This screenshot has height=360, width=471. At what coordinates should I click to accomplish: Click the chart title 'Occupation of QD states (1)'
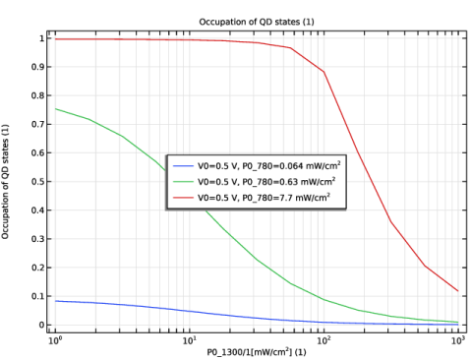(257, 22)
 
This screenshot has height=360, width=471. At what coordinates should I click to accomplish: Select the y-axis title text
(5, 181)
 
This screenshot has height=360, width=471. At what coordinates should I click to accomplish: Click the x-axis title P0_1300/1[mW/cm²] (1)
(257, 352)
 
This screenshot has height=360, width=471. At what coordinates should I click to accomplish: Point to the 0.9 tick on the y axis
(37, 67)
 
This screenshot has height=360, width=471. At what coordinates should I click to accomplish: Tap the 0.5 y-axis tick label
(37, 182)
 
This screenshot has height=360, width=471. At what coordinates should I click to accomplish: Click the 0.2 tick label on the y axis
(37, 268)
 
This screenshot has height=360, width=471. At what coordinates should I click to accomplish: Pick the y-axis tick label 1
(41, 38)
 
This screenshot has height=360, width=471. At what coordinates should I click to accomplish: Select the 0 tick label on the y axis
(41, 325)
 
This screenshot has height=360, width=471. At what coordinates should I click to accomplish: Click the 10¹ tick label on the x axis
(189, 340)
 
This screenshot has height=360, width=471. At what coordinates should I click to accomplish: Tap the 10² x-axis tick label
(324, 340)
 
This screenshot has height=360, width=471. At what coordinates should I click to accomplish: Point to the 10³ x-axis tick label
(458, 340)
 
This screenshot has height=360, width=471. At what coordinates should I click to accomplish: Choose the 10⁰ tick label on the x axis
(55, 340)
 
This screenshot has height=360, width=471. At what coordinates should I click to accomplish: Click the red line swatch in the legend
(183, 198)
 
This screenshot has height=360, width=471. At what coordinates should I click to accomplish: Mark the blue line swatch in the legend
(183, 166)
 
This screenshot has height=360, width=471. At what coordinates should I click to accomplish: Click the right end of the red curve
(458, 291)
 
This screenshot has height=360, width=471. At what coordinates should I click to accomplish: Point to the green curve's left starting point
(55, 109)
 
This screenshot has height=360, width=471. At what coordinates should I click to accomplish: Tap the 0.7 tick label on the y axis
(37, 124)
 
